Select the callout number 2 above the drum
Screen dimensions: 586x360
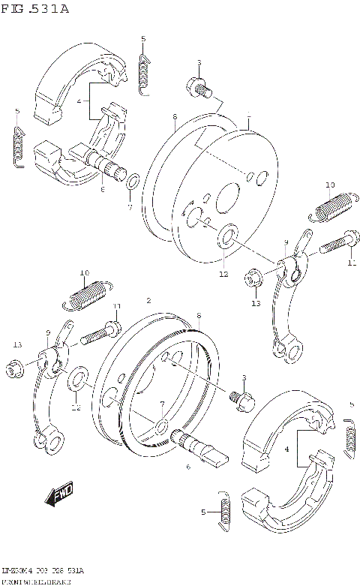[149, 300]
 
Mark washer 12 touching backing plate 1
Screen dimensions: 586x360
[225, 241]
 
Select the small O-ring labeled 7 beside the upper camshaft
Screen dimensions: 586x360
[132, 182]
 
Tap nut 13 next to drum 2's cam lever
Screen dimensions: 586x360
[13, 368]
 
